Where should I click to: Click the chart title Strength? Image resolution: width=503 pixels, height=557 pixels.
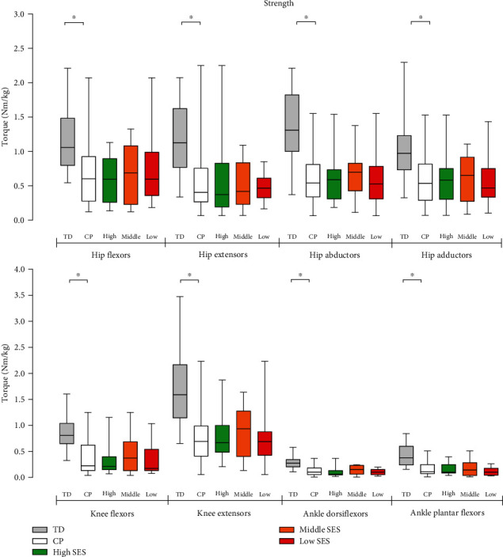280,4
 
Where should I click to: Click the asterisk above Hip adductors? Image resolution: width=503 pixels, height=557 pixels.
421,17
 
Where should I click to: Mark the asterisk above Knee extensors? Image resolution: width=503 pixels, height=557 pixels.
189,275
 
